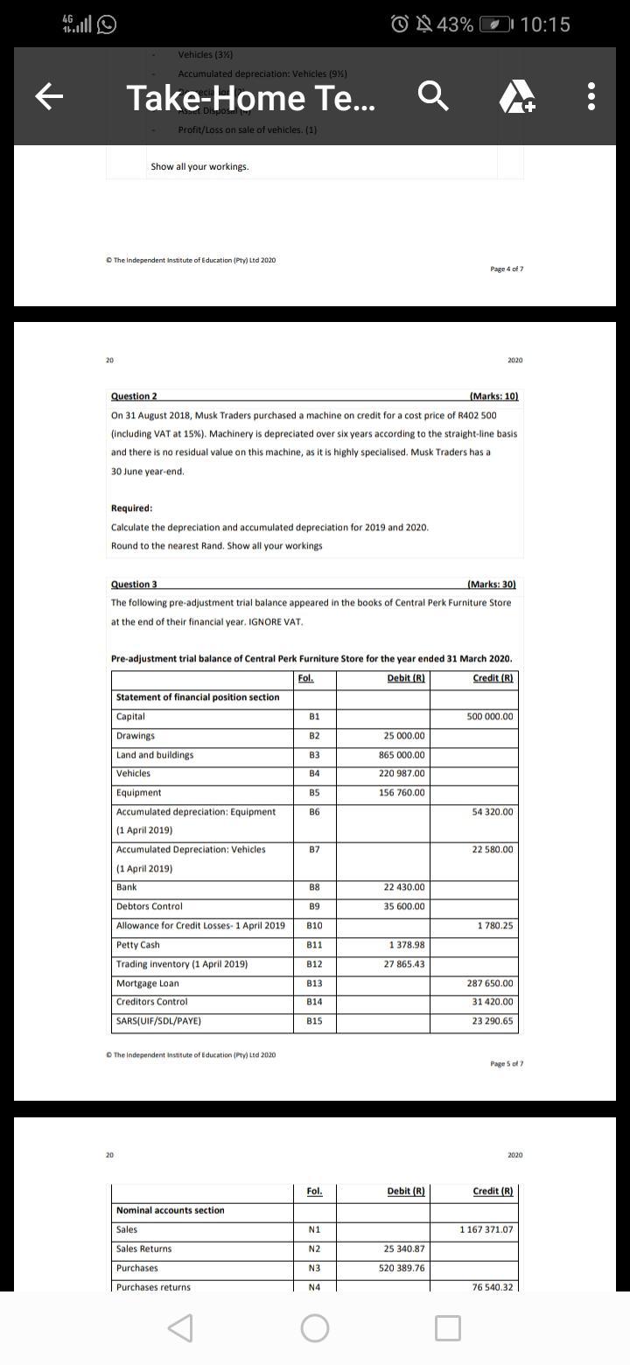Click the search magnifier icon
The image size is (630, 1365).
point(435,98)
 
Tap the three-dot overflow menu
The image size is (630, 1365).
point(592,98)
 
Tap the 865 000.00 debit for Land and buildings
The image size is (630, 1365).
point(403,755)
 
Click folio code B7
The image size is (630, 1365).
point(313,850)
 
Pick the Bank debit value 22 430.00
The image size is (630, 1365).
point(403,887)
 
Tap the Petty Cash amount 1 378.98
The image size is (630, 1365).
point(407,945)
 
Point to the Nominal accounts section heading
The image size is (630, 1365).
point(170,1210)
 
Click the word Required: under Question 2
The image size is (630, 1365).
point(131,508)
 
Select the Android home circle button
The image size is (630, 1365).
point(315,1329)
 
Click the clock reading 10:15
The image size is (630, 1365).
point(544,24)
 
